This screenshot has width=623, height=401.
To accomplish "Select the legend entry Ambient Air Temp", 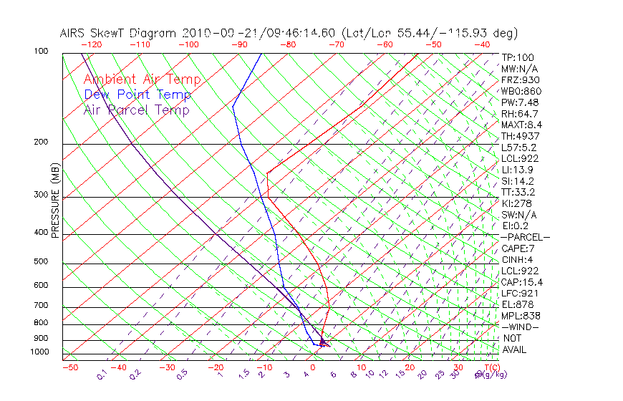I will click(142, 79).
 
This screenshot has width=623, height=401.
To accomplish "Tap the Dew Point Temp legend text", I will click(137, 95).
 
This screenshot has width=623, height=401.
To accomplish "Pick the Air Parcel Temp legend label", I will click(136, 110).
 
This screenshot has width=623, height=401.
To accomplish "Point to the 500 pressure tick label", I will click(42, 262).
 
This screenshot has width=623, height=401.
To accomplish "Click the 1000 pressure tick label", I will click(39, 352).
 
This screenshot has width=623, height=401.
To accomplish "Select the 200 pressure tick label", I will click(42, 142).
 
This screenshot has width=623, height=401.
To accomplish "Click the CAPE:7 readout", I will click(517, 248).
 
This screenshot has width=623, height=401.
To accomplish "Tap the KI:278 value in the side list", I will click(517, 203).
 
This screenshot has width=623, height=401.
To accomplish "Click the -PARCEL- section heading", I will click(525, 237).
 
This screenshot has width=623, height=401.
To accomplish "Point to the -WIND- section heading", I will click(520, 327).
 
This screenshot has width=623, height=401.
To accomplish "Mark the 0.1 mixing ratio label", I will click(102, 375).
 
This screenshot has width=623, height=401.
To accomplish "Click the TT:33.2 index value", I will click(519, 192).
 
